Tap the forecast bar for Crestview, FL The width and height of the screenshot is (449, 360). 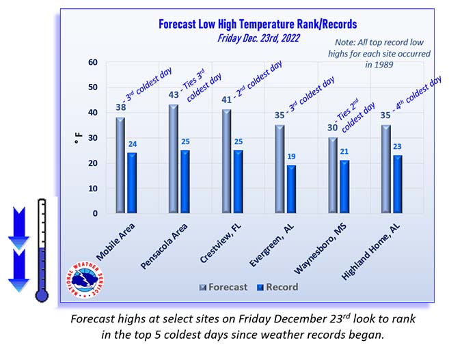pyautogui.click(x=227, y=162)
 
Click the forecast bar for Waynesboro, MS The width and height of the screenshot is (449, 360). pyautogui.click(x=333, y=176)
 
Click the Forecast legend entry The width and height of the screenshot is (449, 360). pyautogui.click(x=223, y=287)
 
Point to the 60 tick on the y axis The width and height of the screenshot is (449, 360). pyautogui.click(x=92, y=62)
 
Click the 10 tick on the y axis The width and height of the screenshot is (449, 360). pyautogui.click(x=92, y=189)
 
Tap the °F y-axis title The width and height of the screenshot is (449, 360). pyautogui.click(x=78, y=138)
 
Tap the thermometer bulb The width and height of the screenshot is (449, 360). pyautogui.click(x=42, y=293)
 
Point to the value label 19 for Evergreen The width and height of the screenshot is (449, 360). pyautogui.click(x=292, y=157)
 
